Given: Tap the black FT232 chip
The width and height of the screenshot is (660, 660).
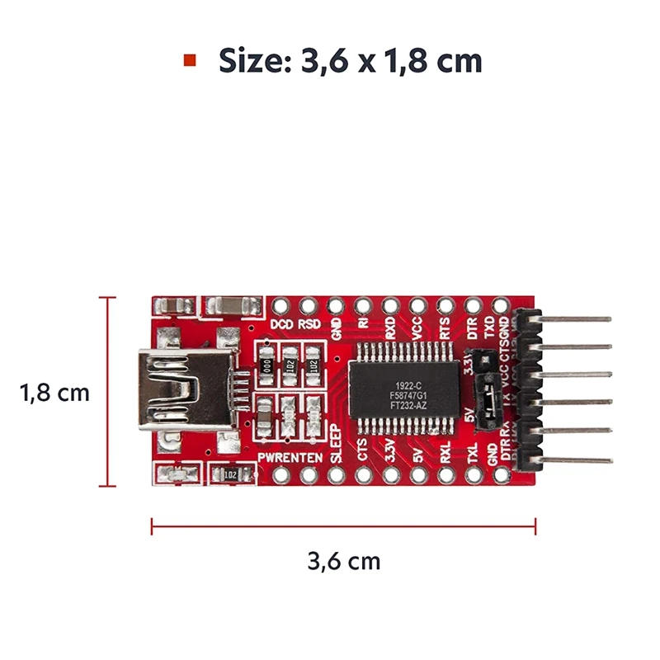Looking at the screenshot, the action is point(403,389).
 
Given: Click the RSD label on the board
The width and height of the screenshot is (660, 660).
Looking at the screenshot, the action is point(309,324).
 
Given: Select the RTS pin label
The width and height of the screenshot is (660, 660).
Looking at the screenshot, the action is point(445,330).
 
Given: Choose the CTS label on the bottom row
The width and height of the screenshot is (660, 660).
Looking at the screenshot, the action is point(363,450).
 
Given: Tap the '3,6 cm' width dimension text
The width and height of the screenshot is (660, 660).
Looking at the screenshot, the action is point(344,562).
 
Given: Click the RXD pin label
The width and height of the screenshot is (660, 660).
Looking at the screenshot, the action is point(390,330).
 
